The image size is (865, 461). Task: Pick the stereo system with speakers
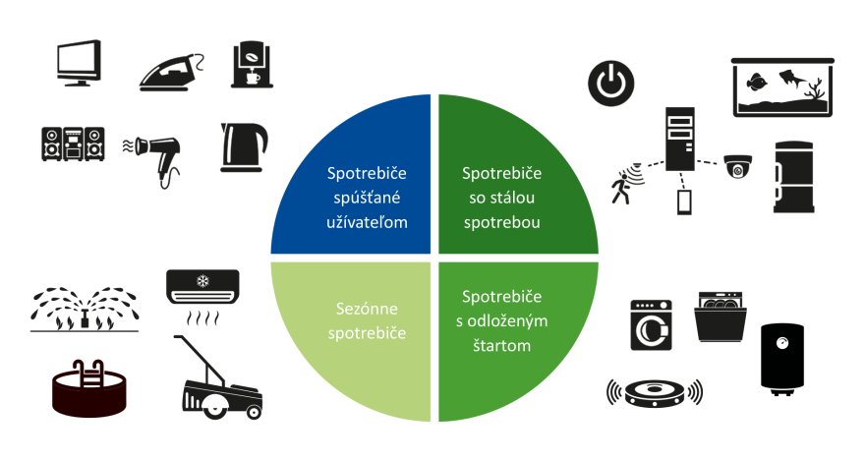(73, 144)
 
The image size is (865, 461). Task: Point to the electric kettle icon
(244, 147)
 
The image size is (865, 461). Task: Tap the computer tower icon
(681, 137)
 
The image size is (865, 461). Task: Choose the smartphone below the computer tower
(684, 202)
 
